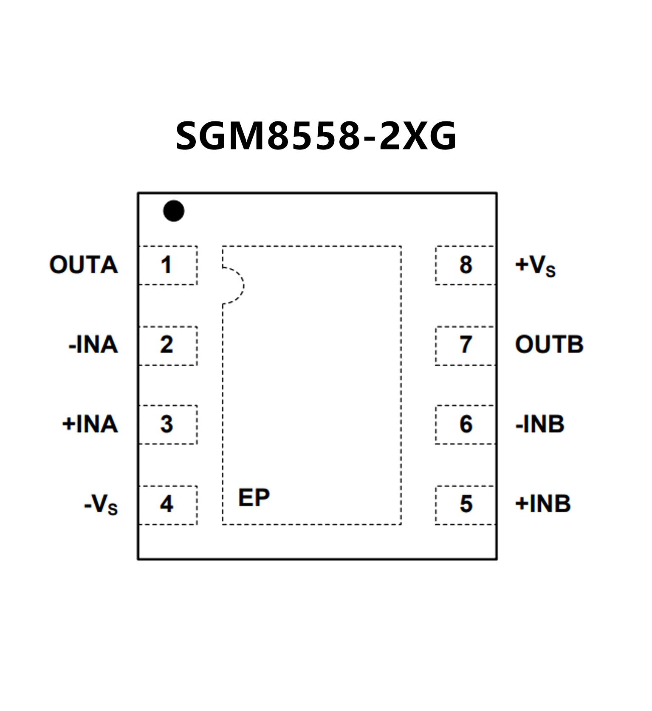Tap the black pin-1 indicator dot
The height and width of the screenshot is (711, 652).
(174, 211)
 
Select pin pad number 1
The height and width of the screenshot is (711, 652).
(168, 265)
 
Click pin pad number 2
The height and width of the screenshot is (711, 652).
(168, 345)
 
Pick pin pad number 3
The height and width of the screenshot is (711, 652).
(168, 424)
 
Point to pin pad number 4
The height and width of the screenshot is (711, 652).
(168, 504)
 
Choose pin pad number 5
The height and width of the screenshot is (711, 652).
(466, 504)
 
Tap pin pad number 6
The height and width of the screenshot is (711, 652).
(466, 424)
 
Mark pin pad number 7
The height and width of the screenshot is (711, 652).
(466, 345)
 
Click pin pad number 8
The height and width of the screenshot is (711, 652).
(466, 265)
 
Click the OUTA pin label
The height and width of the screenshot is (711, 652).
(84, 265)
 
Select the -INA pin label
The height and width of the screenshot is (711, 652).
(93, 345)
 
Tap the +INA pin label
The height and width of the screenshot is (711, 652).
(90, 424)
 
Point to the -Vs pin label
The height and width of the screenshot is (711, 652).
(101, 505)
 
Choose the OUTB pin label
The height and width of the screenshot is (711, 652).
(549, 345)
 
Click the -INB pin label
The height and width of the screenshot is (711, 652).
(540, 424)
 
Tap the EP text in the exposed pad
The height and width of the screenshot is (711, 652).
(254, 497)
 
